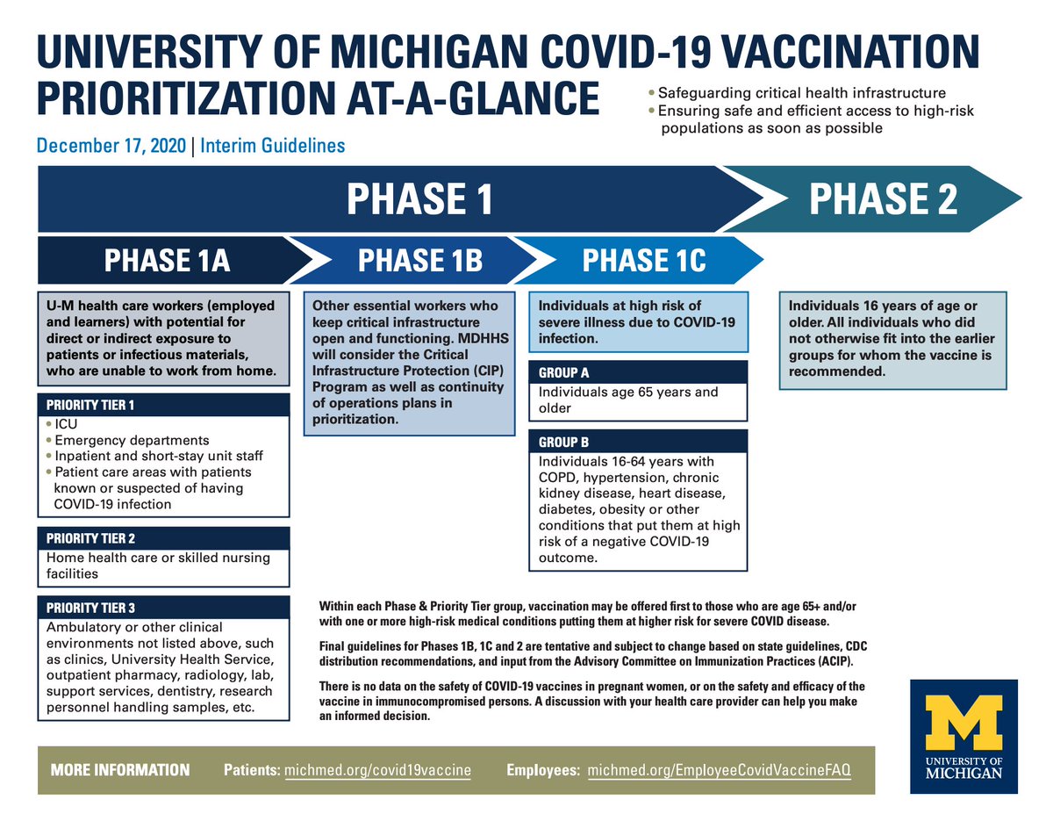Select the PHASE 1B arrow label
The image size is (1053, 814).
tap(420, 261)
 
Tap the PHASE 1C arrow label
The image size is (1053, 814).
tap(644, 261)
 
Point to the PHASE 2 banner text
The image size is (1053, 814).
tap(882, 199)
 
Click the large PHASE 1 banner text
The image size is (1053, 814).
tap(419, 199)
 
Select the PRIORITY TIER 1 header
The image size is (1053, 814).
tap(91, 406)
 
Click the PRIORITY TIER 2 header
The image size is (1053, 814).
tap(91, 538)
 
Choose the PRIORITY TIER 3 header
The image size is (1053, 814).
tap(91, 608)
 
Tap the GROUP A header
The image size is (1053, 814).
tap(564, 372)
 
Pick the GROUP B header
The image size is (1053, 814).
tap(564, 442)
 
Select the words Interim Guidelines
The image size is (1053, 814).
tap(273, 146)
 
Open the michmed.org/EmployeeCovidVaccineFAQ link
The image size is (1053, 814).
tap(719, 770)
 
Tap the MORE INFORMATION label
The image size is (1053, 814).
tap(120, 770)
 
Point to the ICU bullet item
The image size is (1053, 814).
tap(67, 425)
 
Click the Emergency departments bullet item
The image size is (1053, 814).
tap(132, 440)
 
